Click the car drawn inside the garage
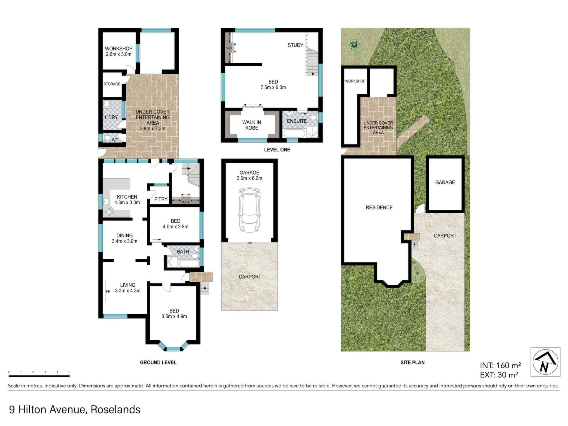click(250, 210)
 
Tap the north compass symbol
click(545, 362)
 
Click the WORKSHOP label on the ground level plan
click(119, 49)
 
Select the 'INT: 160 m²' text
click(500, 365)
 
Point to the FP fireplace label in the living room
click(108, 291)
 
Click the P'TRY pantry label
click(161, 199)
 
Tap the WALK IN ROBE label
click(252, 125)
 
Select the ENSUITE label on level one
click(297, 121)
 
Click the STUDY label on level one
click(296, 45)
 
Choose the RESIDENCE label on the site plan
click(379, 208)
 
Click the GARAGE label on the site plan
click(445, 183)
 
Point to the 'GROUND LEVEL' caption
click(158, 362)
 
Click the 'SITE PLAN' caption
click(412, 362)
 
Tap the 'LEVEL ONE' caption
click(277, 150)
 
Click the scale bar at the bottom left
click(39, 376)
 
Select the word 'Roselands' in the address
click(115, 409)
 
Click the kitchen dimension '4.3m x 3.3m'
click(127, 203)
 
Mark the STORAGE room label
click(112, 84)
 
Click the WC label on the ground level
click(115, 140)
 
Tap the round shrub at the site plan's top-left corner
click(354, 45)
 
